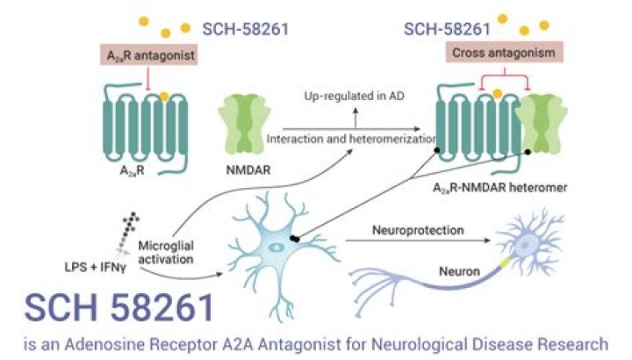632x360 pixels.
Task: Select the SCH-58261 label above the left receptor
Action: pos(246,30)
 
